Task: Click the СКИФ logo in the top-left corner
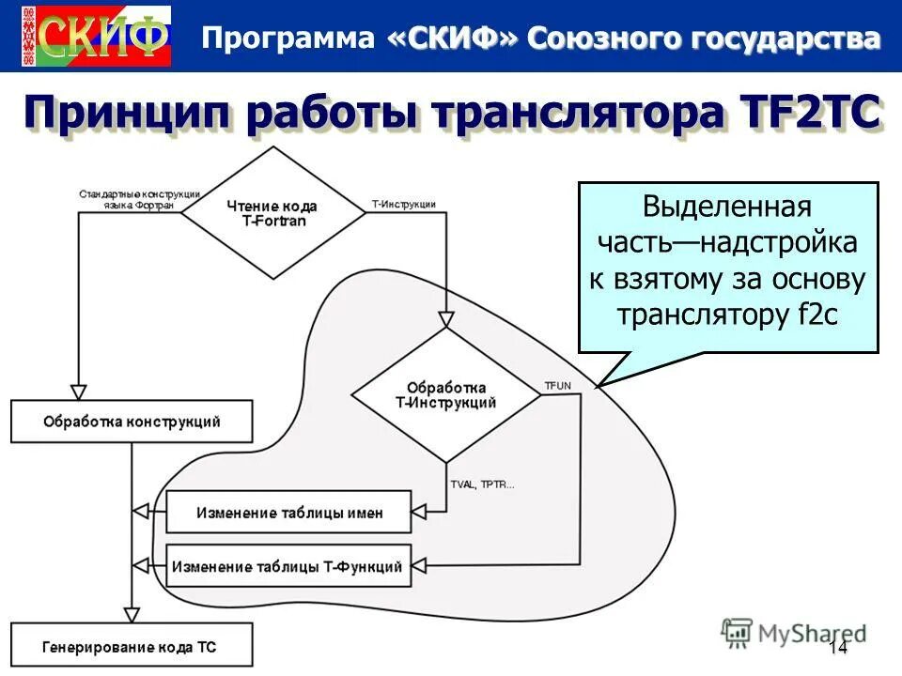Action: pos(95,36)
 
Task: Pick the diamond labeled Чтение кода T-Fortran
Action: pos(272,212)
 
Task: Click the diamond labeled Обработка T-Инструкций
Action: pos(446,394)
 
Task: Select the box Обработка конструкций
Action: pos(132,422)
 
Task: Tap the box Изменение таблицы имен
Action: pos(289,513)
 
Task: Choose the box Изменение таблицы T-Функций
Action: pos(289,566)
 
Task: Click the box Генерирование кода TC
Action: pos(132,647)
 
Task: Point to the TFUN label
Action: pos(557,386)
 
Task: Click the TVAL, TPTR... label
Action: pos(482,484)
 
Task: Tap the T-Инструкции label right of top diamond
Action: pos(404,204)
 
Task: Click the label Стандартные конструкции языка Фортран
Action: pos(127,199)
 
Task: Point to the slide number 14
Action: pos(838,647)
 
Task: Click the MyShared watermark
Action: pos(795,632)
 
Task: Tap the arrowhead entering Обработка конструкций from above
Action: pos(79,392)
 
